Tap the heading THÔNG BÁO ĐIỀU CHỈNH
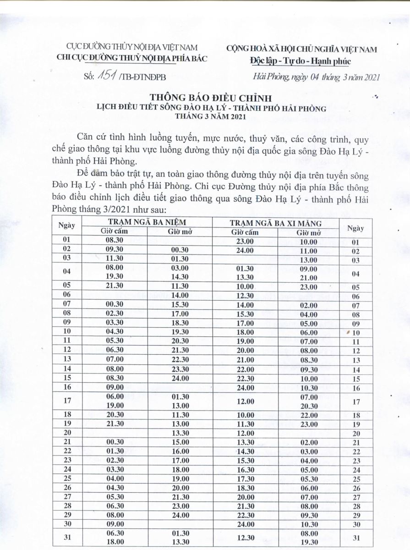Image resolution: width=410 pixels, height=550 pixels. coord(210,98)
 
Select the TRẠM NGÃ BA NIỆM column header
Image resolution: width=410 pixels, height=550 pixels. coord(146,222)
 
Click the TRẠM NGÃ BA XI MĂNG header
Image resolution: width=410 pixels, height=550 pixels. coord(275,223)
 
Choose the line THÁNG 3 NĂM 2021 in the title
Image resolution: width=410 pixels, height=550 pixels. coord(211,116)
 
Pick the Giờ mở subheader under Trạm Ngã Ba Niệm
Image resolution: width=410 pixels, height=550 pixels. coord(180,231)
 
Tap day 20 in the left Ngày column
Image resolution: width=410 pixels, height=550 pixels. coord(67,433)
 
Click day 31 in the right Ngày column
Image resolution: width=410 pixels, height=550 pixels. coord(355,538)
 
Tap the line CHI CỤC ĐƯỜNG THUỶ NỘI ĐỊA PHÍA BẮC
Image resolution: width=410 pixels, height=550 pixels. coord(131,58)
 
